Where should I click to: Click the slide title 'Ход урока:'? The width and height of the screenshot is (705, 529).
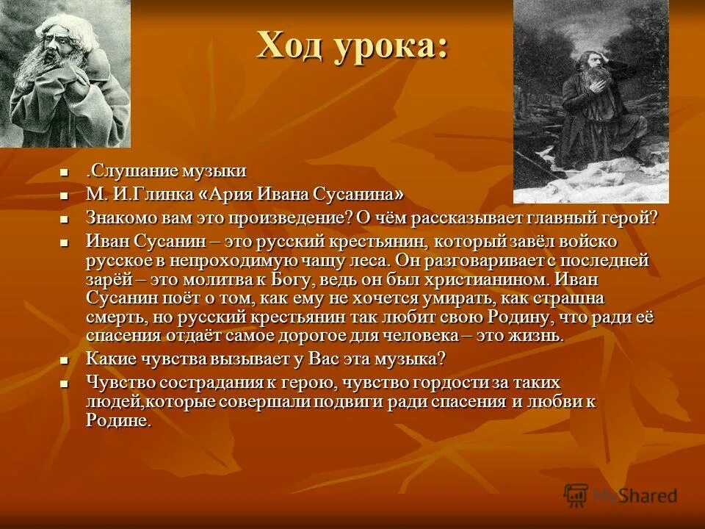(352, 47)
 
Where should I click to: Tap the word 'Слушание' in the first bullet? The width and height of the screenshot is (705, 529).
(125, 172)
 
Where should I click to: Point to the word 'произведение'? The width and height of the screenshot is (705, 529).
(283, 218)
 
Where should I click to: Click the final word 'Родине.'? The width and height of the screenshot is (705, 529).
(118, 421)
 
